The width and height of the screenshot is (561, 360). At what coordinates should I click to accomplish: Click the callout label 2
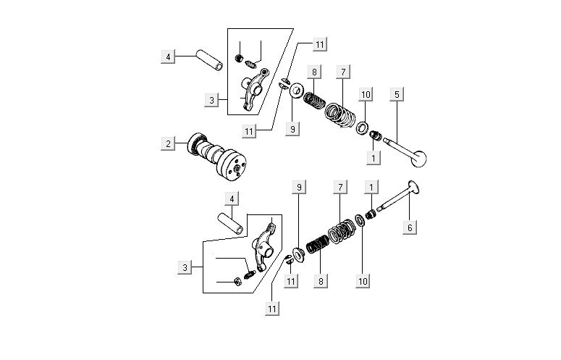pos(168,143)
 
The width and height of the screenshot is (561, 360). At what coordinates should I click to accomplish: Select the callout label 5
pos(396,94)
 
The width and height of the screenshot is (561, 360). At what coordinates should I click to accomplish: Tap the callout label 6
pos(410,227)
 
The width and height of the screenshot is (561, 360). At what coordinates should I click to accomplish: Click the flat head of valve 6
pos(415,187)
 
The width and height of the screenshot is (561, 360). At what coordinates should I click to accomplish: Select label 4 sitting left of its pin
pos(168,56)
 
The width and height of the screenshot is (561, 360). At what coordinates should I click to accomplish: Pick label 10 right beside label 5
pos(366,94)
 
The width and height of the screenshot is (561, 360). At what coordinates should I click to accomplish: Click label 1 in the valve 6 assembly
pos(371,187)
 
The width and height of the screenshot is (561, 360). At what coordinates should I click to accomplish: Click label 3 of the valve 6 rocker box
pos(185,268)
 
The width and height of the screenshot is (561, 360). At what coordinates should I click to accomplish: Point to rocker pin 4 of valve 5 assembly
pos(209,59)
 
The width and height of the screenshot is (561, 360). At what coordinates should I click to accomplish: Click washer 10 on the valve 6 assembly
pos(360,221)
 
